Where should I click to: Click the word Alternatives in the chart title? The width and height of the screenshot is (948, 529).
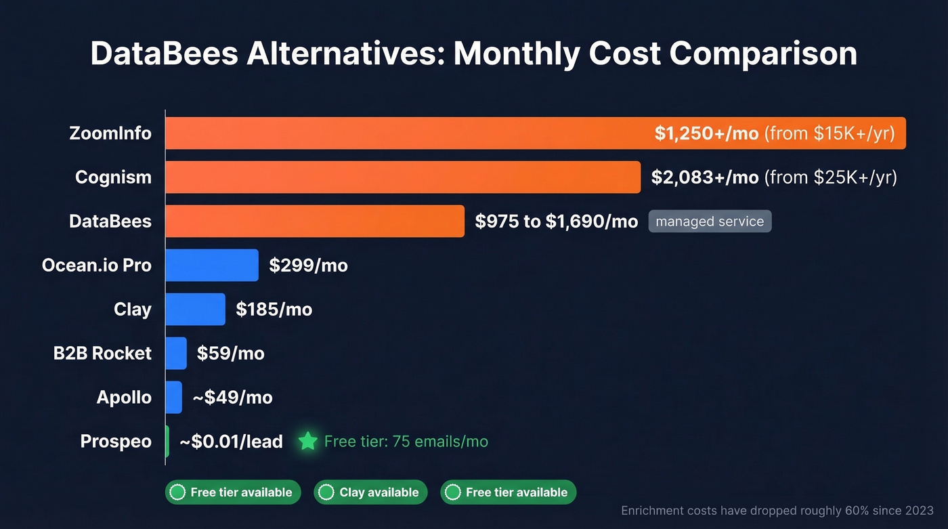[345, 54]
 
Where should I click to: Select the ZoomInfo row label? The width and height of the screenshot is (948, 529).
[110, 133]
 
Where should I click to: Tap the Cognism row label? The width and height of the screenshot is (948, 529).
[113, 177]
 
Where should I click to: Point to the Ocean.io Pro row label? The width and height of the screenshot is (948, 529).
[96, 265]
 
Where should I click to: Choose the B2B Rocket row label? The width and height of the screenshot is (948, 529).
[102, 353]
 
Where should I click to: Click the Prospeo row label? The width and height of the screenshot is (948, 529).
[116, 441]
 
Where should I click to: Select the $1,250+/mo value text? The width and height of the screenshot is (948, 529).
[706, 133]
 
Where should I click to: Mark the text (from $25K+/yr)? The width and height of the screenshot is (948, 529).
[830, 177]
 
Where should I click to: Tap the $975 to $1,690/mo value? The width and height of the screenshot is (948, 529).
[556, 221]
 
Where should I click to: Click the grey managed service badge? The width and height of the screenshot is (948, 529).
[710, 221]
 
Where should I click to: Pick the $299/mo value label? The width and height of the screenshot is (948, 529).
[308, 265]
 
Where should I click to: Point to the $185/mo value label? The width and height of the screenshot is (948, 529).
[274, 309]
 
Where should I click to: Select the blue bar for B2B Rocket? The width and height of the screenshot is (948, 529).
[176, 353]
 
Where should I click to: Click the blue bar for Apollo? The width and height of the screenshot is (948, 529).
[174, 397]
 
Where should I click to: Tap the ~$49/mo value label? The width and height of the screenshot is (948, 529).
[232, 397]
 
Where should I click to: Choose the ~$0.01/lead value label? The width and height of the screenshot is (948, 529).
[231, 442]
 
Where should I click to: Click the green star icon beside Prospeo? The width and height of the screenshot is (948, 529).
[308, 442]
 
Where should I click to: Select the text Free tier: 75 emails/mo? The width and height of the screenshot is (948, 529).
[406, 442]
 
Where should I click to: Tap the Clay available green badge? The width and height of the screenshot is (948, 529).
[370, 492]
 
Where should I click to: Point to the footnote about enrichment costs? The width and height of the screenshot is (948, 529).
[777, 511]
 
